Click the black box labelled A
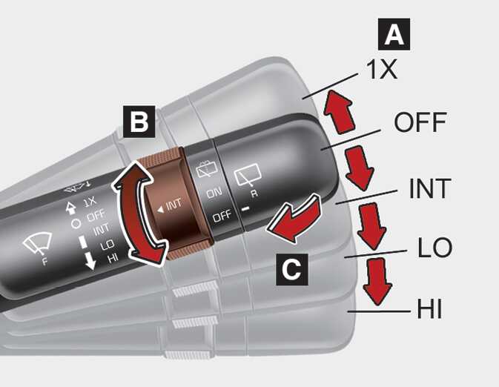click(x=394, y=34)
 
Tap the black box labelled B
click(x=139, y=122)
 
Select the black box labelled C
click(x=292, y=269)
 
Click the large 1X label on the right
click(x=382, y=70)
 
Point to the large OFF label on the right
click(x=420, y=122)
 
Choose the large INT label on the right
click(x=430, y=188)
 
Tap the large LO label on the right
click(x=434, y=248)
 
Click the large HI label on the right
click(x=429, y=308)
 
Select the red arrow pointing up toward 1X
click(x=340, y=111)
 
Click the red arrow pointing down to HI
click(x=377, y=281)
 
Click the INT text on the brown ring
click(x=170, y=205)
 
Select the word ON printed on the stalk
click(x=214, y=192)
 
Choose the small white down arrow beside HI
click(x=90, y=262)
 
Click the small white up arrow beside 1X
click(x=70, y=208)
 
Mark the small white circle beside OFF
click(x=76, y=224)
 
